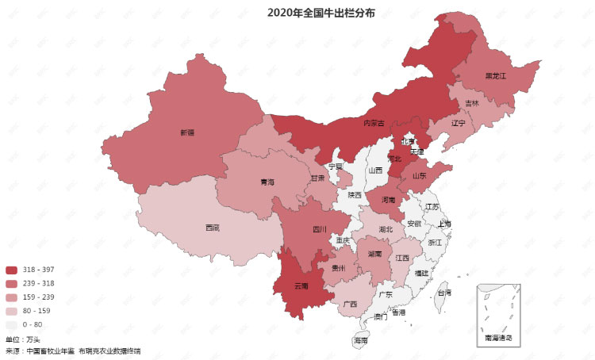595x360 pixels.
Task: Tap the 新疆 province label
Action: click(x=187, y=132)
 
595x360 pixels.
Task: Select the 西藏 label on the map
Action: click(x=213, y=228)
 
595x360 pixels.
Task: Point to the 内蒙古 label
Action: click(x=374, y=123)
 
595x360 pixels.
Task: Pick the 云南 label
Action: click(x=301, y=285)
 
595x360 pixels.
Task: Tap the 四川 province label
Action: click(x=320, y=229)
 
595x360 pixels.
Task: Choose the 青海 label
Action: click(x=267, y=182)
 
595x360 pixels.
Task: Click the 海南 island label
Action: click(x=361, y=340)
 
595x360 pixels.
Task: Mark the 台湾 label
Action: click(x=444, y=293)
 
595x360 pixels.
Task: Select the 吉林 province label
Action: click(x=472, y=103)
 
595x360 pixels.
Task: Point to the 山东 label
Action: click(x=419, y=175)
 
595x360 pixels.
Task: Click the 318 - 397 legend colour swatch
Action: click(x=12, y=270)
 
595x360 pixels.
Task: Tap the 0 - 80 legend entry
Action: click(x=33, y=324)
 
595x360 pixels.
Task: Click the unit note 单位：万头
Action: click(x=23, y=339)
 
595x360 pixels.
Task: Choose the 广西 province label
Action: click(x=350, y=304)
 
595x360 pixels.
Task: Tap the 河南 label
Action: click(x=388, y=200)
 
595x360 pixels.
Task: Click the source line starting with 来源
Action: click(x=73, y=350)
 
